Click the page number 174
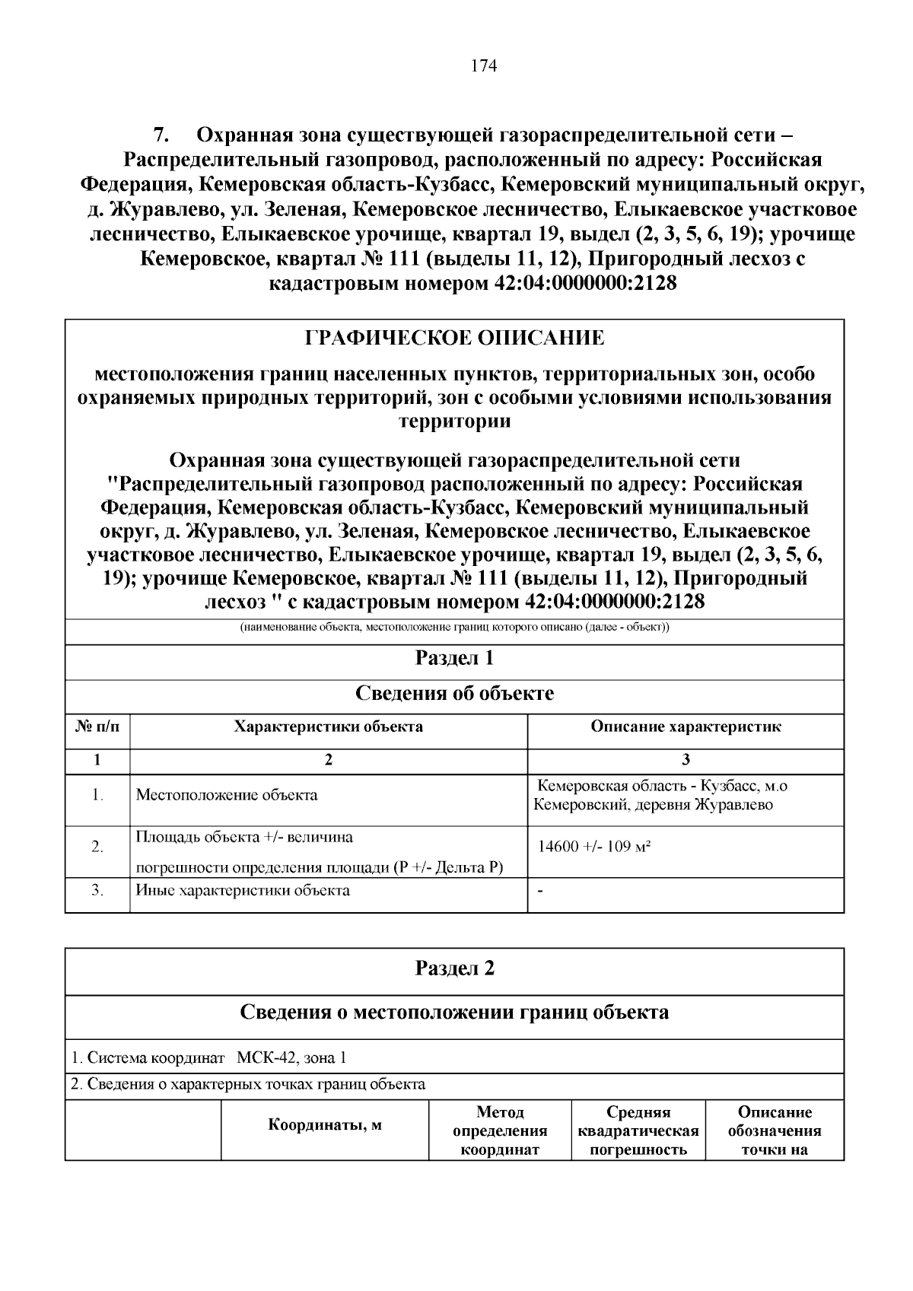point(484,66)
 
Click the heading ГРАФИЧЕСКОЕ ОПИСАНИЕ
point(454,338)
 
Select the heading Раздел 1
point(454,658)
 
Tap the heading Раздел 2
point(454,968)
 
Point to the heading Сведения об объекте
point(454,693)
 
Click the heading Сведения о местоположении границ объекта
point(454,1012)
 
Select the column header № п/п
point(97,727)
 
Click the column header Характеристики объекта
point(328,727)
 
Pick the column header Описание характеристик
point(686,727)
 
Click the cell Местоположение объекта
point(227,796)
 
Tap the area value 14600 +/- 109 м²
point(594,847)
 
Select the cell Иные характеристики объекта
point(243,890)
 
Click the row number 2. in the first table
point(97,847)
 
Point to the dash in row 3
point(540,890)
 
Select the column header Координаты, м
point(325,1126)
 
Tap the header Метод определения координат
point(500,1130)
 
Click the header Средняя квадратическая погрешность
point(638,1130)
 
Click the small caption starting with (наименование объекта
point(454,628)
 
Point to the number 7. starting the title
point(161,136)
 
